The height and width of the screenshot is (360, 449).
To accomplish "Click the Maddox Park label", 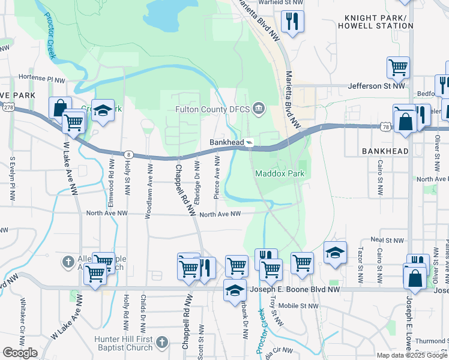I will pos(280,174).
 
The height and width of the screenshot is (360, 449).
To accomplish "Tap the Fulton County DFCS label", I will pos(212,109).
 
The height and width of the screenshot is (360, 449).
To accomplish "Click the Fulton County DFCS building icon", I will pos(259,109).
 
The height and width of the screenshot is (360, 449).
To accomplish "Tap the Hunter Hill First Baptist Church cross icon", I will pos(160,342).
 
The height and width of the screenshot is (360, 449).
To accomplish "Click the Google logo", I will pos(20,353).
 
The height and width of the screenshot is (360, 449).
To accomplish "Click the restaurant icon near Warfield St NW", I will pos(292,22).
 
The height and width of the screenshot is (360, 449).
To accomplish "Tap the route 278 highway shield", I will pos(8,107).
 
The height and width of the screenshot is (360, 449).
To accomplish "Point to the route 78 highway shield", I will pos(385,126).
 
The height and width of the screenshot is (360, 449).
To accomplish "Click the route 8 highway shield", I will pos(128,154).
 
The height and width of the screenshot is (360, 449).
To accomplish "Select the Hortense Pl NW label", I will pos(41,79).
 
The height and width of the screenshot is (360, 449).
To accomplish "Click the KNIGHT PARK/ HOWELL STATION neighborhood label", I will pos(375,22).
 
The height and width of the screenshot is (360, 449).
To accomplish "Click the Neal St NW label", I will pos(385,239).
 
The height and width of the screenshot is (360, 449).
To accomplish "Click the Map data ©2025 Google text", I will pos(411,355).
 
